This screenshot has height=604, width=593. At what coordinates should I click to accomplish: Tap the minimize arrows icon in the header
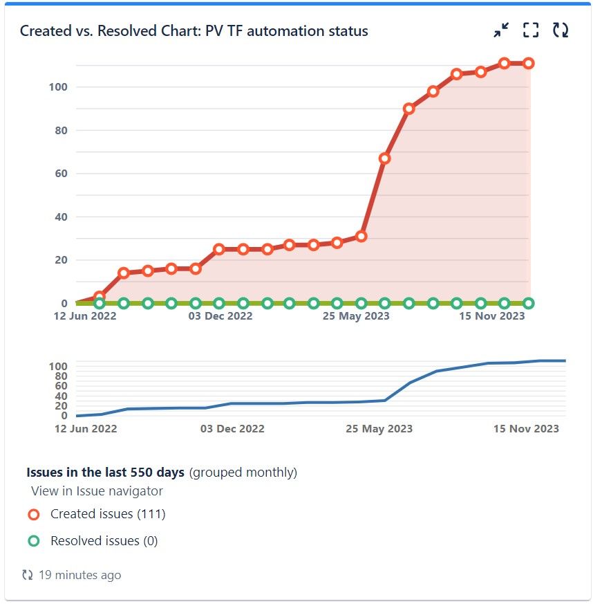tap(501, 30)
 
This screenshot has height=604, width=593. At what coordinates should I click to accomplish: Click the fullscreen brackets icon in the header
tap(530, 30)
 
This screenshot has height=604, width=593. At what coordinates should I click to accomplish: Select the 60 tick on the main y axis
tap(60, 173)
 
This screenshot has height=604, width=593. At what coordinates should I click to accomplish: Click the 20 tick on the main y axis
tap(60, 260)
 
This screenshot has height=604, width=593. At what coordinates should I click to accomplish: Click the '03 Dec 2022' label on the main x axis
tap(220, 316)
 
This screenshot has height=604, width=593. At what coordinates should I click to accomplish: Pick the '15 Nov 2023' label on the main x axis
tap(493, 316)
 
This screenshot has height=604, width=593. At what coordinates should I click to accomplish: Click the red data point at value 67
tap(385, 158)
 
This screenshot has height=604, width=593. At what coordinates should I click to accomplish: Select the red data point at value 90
tap(409, 109)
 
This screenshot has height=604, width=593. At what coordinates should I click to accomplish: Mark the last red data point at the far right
tap(529, 63)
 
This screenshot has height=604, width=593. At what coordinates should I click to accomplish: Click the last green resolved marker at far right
tap(529, 303)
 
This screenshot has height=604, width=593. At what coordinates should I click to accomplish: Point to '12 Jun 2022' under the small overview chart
tap(86, 428)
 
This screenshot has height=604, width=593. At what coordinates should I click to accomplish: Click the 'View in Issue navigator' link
tap(97, 491)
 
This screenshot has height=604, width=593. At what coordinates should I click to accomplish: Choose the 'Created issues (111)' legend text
tap(108, 514)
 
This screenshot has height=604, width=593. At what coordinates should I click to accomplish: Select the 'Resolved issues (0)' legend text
tap(104, 541)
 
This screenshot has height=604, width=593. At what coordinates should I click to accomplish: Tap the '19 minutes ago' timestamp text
tap(79, 575)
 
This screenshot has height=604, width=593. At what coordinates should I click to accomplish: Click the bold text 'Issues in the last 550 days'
tap(106, 473)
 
